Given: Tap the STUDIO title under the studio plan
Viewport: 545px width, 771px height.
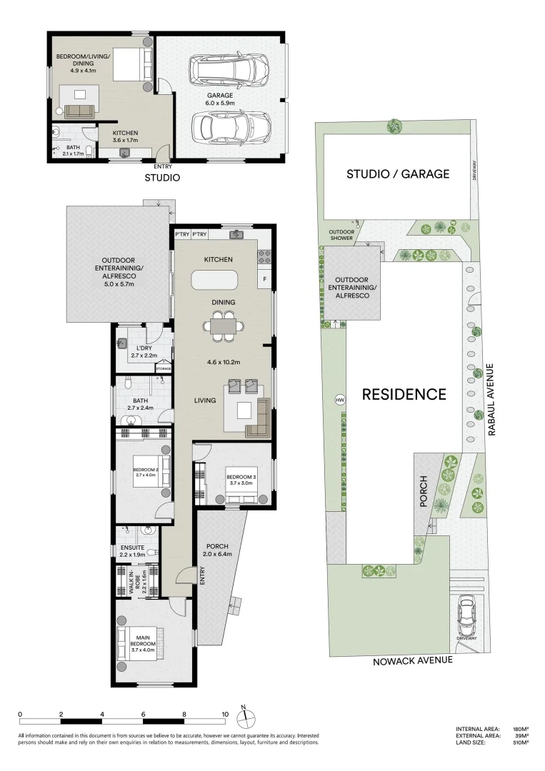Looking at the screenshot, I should [162, 178].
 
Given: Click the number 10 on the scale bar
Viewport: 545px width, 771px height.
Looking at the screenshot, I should [225, 714].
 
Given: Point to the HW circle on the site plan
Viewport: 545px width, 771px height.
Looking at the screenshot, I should [339, 400].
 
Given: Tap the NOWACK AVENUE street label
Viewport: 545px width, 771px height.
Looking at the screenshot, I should [413, 661].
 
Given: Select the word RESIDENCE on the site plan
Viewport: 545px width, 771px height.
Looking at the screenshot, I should [404, 394].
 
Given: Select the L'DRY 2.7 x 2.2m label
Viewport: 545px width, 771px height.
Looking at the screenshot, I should [143, 351].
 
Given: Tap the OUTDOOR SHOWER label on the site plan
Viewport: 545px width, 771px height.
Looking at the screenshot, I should [341, 236].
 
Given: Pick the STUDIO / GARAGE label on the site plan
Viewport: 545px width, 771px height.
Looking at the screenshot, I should [397, 173].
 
